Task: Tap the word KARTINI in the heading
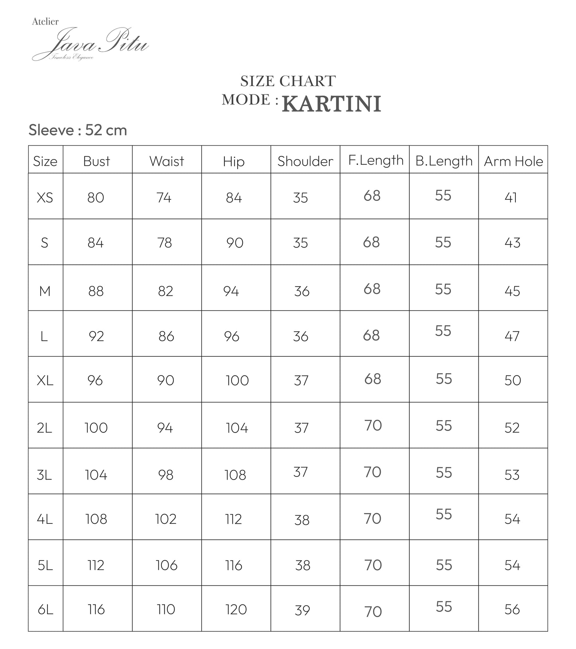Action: (331, 104)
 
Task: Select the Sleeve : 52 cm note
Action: (78, 130)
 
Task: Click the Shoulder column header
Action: (305, 161)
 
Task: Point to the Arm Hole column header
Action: (513, 161)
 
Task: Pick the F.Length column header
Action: (375, 160)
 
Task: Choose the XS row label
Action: (45, 197)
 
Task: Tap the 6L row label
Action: (45, 609)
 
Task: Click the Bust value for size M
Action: (96, 291)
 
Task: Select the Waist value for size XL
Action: (165, 380)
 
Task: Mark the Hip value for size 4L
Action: (234, 519)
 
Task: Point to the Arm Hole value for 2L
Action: (512, 428)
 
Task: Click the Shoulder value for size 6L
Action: (302, 610)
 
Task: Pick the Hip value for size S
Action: (235, 243)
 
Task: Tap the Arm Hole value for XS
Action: (511, 197)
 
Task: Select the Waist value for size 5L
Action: (166, 565)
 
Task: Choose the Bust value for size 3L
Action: (96, 475)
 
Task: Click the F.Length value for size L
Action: (372, 336)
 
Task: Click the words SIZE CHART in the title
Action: (288, 81)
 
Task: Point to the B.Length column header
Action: (444, 161)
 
